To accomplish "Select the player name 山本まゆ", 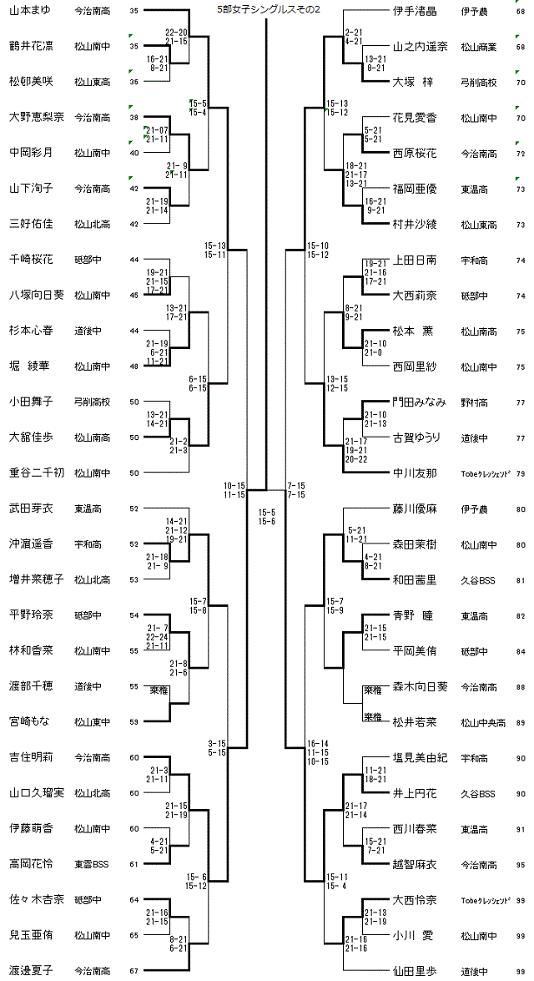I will (x=30, y=10).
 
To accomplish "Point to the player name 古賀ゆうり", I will (x=416, y=437).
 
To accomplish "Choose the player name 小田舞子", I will (x=30, y=402).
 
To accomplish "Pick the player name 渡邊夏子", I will (x=30, y=970).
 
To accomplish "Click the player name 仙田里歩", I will (x=415, y=970).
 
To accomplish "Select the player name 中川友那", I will (x=415, y=473).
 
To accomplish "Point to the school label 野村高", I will (x=472, y=402).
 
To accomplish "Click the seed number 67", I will (x=134, y=970).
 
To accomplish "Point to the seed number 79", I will (x=521, y=473).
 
